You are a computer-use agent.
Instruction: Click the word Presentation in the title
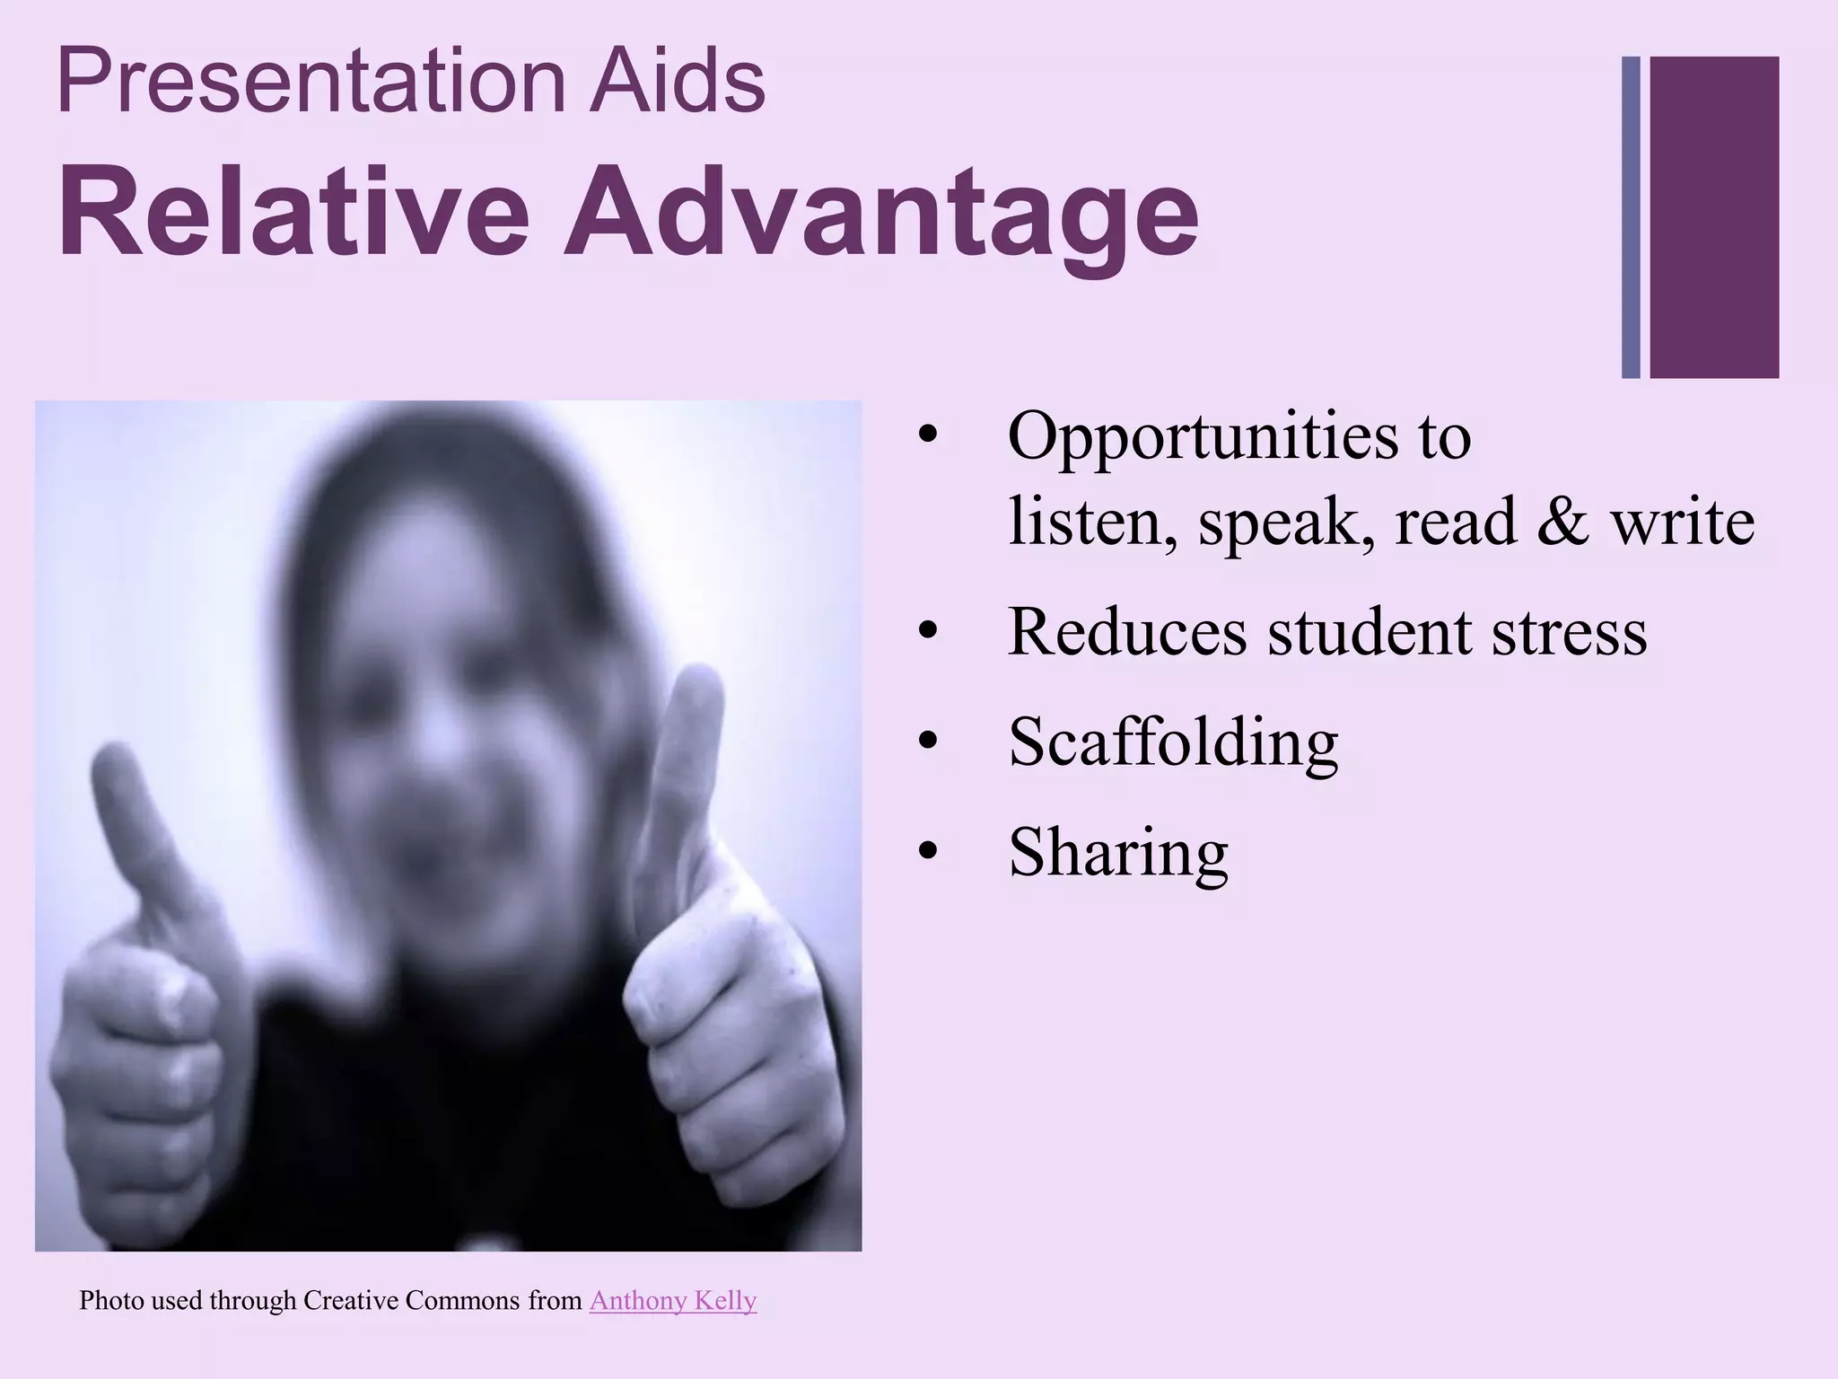pyautogui.click(x=309, y=83)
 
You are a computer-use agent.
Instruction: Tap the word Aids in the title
pyautogui.click(x=678, y=83)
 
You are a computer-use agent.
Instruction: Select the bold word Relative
pyautogui.click(x=293, y=214)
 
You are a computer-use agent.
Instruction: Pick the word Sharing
pyautogui.click(x=1118, y=853)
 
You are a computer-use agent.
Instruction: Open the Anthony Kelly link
pyautogui.click(x=673, y=1300)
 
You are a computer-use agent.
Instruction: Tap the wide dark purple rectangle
pyautogui.click(x=1714, y=216)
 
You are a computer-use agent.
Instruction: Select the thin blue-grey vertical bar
pyautogui.click(x=1631, y=216)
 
